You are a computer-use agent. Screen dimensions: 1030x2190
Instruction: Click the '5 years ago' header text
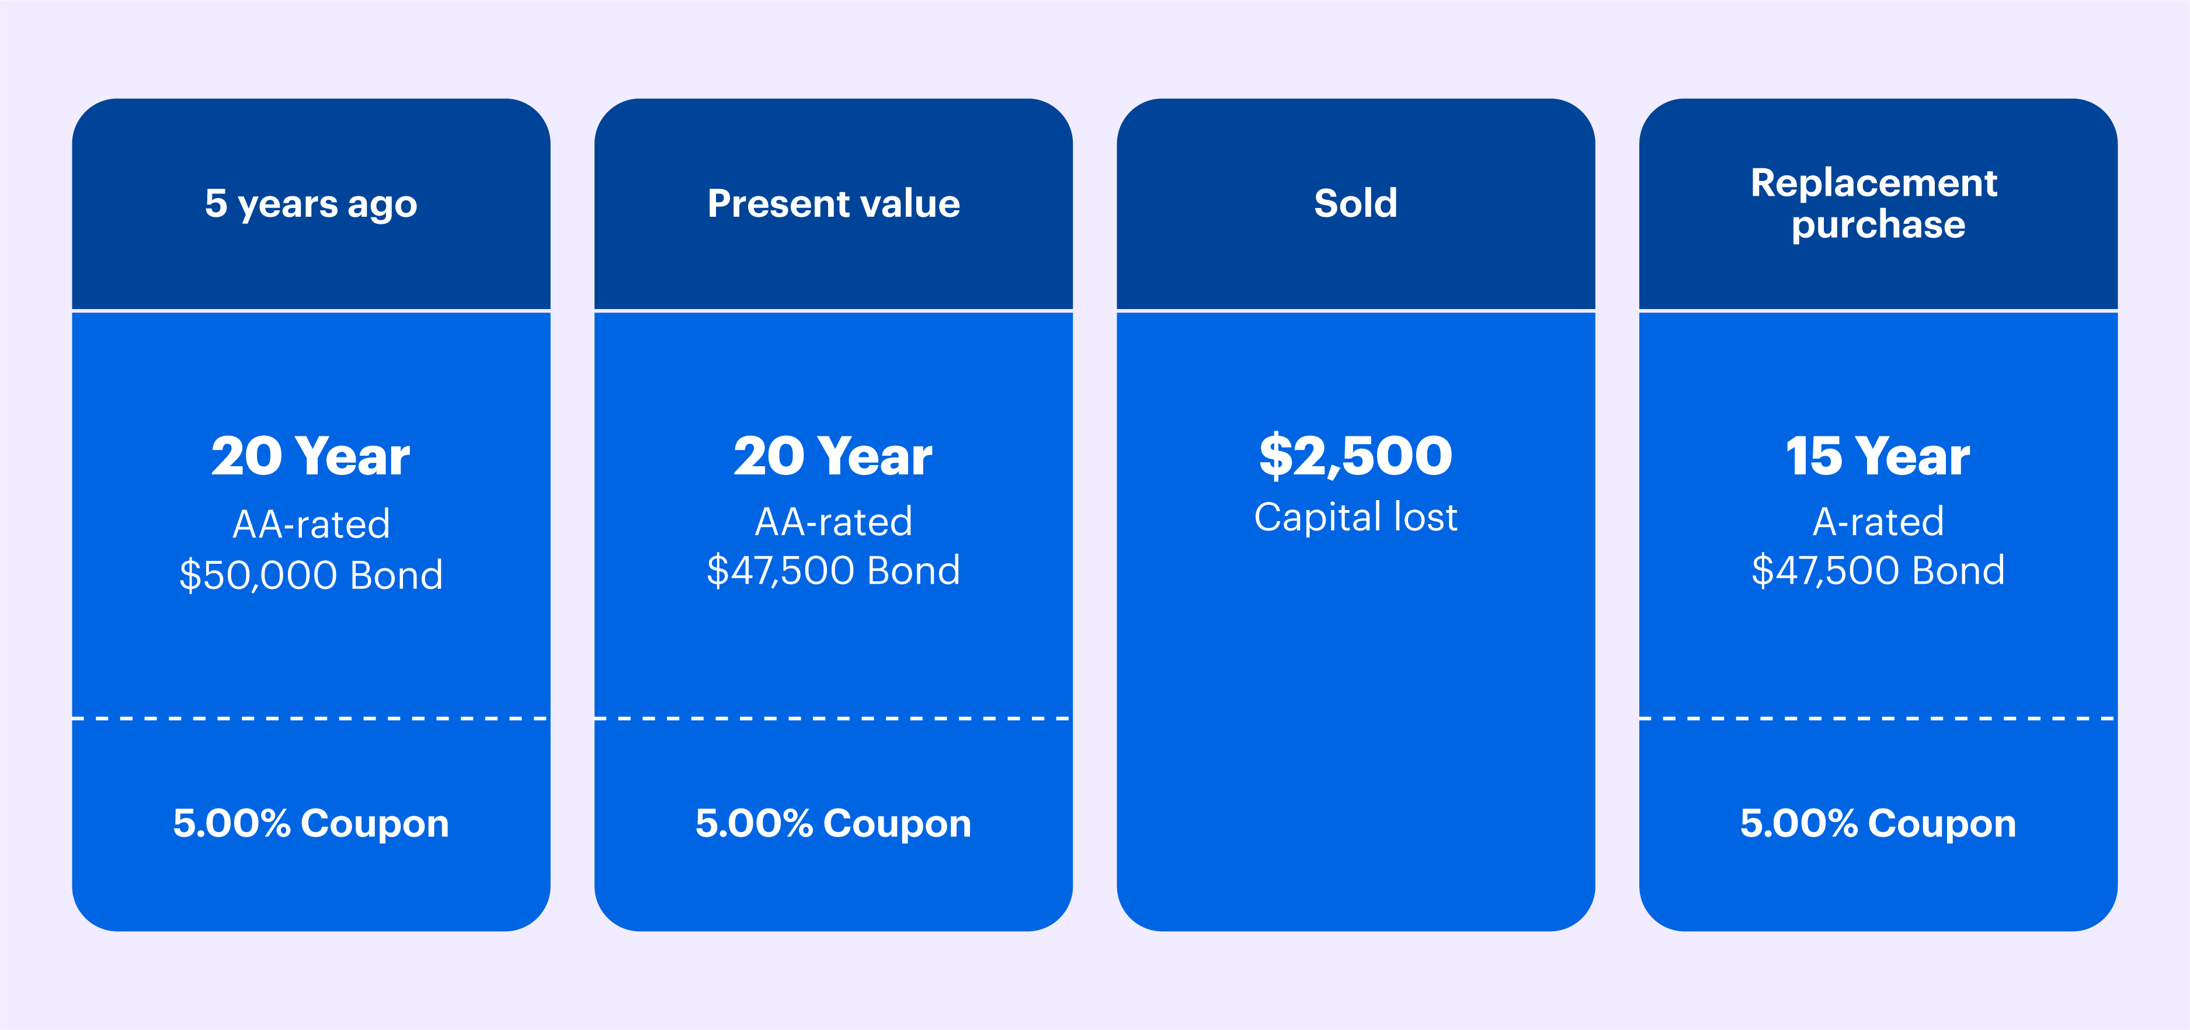click(x=311, y=204)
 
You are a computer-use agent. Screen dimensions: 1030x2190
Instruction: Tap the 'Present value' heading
click(x=833, y=204)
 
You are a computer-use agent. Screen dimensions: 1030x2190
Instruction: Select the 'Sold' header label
click(x=1355, y=203)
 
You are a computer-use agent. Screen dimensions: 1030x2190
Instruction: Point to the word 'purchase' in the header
click(x=1878, y=224)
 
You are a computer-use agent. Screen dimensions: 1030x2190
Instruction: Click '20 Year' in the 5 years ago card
click(x=311, y=457)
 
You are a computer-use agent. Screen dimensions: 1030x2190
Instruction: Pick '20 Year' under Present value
click(x=833, y=457)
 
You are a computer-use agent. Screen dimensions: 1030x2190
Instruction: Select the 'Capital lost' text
click(x=1355, y=517)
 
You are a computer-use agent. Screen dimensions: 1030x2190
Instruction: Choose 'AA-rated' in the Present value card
click(x=833, y=521)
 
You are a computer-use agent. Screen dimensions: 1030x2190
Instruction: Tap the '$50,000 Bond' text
click(x=311, y=575)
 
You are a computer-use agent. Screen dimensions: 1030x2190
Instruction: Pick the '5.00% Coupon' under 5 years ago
click(x=311, y=823)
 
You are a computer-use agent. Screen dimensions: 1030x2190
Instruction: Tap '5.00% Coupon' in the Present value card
click(x=833, y=823)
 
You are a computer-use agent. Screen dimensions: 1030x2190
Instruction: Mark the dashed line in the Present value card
click(x=833, y=719)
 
